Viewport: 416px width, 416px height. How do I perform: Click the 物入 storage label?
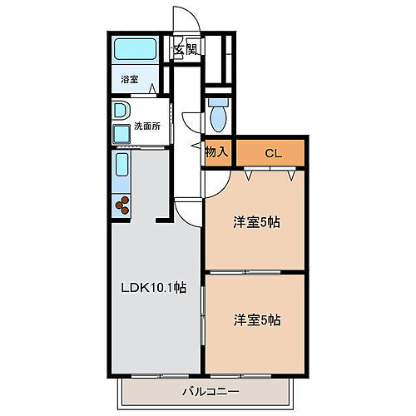coord(217,153)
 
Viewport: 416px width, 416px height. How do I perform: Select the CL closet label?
coord(272,153)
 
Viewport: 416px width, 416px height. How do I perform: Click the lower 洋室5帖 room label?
coord(255,319)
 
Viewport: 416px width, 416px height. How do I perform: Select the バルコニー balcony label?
coord(210,390)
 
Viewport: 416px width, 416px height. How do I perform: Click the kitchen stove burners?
coord(122,205)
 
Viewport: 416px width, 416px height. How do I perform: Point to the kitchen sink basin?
coord(121,169)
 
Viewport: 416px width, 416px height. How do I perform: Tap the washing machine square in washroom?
coord(121,132)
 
